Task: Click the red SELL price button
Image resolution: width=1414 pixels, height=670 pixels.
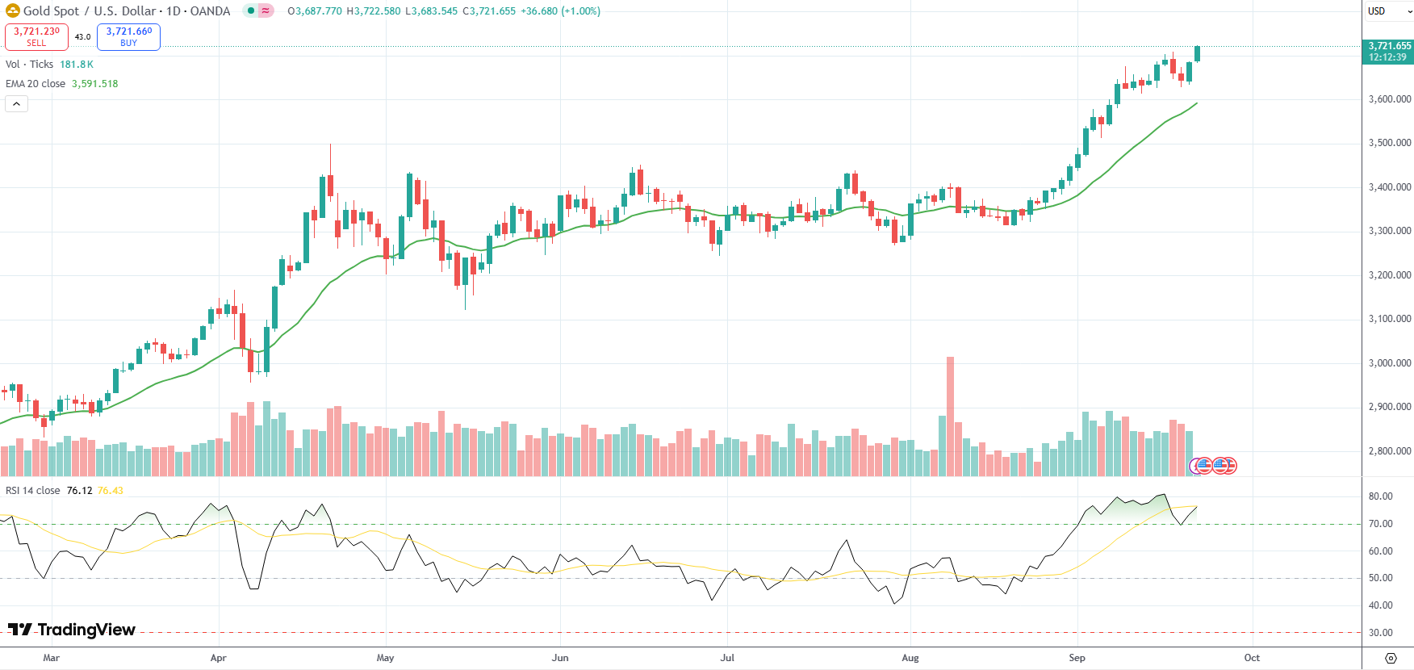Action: tap(36, 36)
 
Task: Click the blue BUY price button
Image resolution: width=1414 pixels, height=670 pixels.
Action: tap(128, 36)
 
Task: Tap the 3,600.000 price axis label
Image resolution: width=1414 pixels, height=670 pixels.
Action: tap(1390, 99)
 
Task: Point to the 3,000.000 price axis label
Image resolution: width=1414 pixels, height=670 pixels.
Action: tap(1390, 363)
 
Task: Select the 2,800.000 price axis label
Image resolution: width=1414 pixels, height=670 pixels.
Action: tap(1390, 451)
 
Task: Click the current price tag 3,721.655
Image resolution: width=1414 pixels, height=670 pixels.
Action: tap(1388, 52)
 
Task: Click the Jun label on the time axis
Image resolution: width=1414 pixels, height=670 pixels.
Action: tap(560, 658)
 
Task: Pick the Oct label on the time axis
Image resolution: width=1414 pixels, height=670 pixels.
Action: tap(1252, 658)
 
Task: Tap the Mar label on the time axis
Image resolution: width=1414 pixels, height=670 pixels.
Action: tap(51, 658)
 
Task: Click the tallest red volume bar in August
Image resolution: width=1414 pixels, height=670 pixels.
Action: tap(950, 416)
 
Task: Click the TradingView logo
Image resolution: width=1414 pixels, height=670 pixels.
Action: tap(72, 630)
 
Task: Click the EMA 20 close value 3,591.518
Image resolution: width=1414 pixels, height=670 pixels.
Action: tap(94, 84)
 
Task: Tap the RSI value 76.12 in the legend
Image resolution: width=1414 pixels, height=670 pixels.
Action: tap(79, 491)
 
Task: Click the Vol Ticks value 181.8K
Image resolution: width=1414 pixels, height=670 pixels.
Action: tap(77, 65)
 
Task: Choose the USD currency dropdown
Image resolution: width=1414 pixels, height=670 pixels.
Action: tap(1386, 11)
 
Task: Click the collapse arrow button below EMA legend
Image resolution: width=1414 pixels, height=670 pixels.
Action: tap(16, 103)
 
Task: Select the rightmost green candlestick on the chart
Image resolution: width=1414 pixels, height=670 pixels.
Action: tap(1197, 53)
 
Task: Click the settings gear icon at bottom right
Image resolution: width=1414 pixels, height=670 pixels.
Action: tap(1391, 658)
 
